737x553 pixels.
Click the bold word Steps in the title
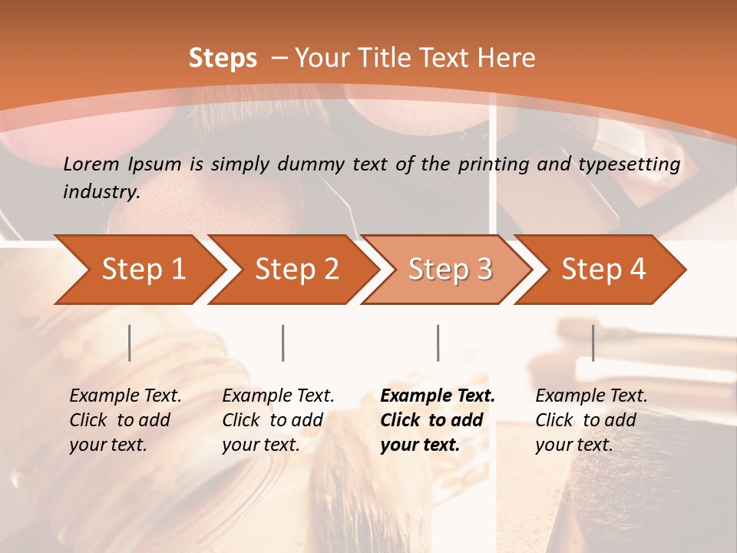click(223, 58)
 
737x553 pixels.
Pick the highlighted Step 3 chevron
click(450, 270)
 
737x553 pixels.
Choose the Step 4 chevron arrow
click(603, 270)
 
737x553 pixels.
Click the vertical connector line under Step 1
click(130, 343)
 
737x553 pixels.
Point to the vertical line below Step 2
click(283, 343)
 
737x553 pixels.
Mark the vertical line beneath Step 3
click(438, 343)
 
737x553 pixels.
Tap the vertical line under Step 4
click(593, 343)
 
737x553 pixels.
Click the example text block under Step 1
click(125, 420)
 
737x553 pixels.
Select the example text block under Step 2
click(278, 420)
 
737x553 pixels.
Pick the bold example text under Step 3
click(438, 420)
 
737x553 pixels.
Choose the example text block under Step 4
click(591, 420)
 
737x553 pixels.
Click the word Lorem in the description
click(91, 164)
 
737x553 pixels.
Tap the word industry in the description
click(101, 192)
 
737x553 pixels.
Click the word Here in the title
click(505, 58)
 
